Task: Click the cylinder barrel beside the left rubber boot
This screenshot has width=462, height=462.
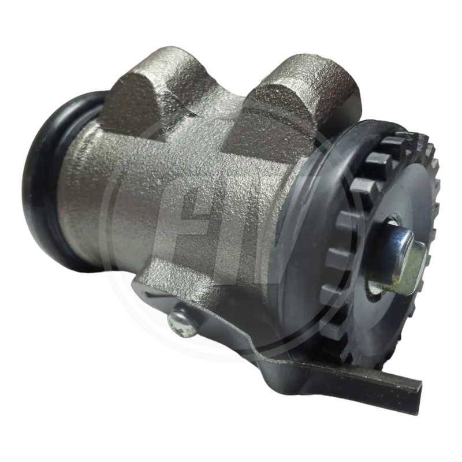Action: (92, 191)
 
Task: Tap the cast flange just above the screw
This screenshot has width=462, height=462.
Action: (173, 283)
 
